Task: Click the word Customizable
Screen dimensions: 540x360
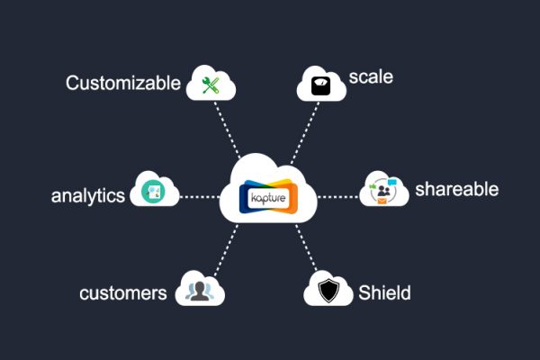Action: (123, 83)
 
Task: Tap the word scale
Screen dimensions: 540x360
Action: (371, 76)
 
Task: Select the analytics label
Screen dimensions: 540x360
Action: (88, 195)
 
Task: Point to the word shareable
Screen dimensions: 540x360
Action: (456, 189)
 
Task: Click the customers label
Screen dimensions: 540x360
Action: (123, 293)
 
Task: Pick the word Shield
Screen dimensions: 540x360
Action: (384, 292)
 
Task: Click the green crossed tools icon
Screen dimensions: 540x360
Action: (211, 85)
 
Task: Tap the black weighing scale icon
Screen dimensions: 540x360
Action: (321, 85)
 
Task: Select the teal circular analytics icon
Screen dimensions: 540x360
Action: (153, 192)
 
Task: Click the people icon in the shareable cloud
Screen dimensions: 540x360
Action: (383, 191)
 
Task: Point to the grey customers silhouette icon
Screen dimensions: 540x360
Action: (200, 292)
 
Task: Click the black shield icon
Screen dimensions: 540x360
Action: (328, 290)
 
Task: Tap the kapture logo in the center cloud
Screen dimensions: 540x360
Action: (268, 197)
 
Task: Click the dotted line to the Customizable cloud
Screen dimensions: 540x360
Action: (227, 130)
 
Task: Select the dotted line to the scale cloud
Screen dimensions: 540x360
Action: (305, 132)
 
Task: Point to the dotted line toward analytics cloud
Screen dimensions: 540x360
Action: (200, 197)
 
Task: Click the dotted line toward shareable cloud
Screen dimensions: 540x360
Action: (337, 197)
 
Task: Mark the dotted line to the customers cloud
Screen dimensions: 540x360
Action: (226, 250)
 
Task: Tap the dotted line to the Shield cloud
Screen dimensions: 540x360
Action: (307, 248)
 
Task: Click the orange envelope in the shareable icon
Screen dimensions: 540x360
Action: (382, 201)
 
